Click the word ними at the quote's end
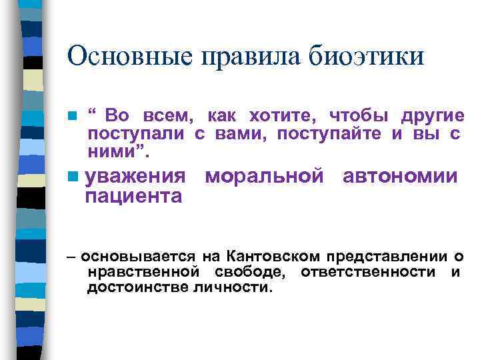[113, 153]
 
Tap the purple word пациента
[134, 196]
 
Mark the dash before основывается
[71, 255]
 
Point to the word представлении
[380, 256]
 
